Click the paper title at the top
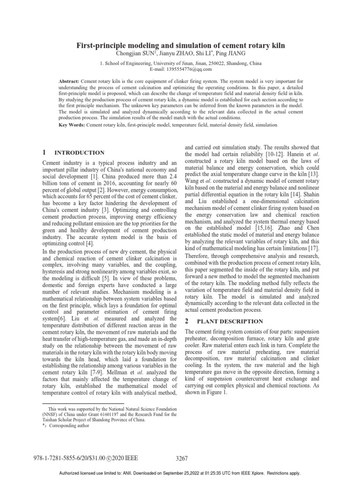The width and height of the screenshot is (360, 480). click(x=180, y=45)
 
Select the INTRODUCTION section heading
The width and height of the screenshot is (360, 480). click(x=80, y=153)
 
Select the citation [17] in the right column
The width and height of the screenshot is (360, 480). click(x=314, y=247)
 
